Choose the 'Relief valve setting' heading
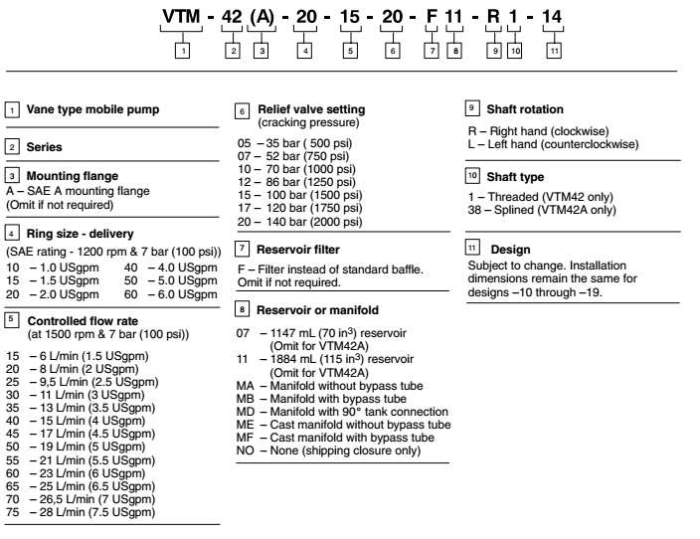tap(310, 107)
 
